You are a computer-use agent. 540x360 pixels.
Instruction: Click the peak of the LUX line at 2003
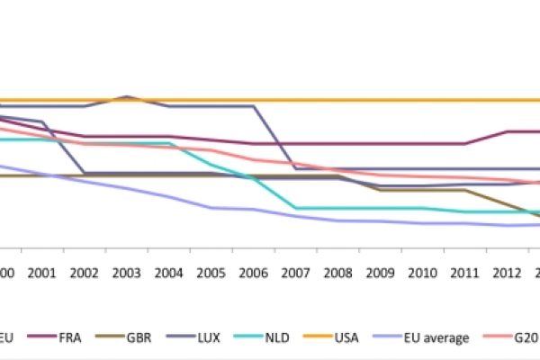click(127, 96)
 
